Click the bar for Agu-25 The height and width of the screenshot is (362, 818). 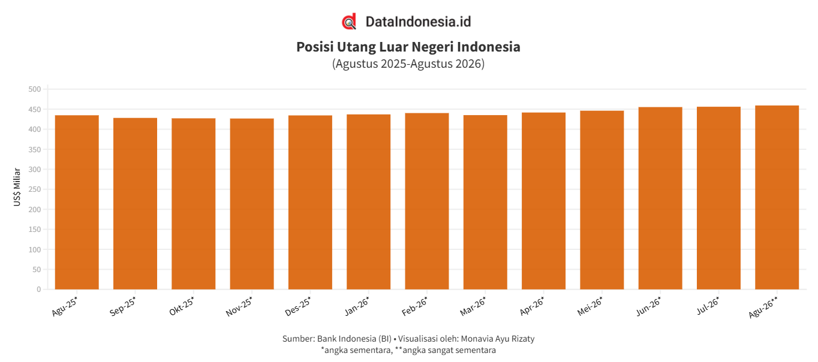pyautogui.click(x=77, y=202)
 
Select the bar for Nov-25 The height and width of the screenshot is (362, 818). pyautogui.click(x=252, y=204)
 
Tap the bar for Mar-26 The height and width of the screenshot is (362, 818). pyautogui.click(x=485, y=202)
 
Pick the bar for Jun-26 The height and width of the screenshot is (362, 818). pyautogui.click(x=660, y=198)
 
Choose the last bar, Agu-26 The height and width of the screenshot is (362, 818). pyautogui.click(x=777, y=197)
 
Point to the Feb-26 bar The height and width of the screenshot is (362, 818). pyautogui.click(x=426, y=201)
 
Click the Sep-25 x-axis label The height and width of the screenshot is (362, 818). pyautogui.click(x=123, y=306)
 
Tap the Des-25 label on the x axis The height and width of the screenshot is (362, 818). pyautogui.click(x=298, y=306)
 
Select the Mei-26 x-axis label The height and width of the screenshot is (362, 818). pyautogui.click(x=590, y=306)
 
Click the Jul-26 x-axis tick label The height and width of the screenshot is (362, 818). pyautogui.click(x=708, y=306)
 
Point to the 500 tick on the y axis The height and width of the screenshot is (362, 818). pyautogui.click(x=35, y=89)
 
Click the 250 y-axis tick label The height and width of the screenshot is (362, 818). pyautogui.click(x=35, y=189)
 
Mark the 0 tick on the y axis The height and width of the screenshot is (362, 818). pyautogui.click(x=39, y=289)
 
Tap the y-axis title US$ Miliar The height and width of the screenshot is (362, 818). pyautogui.click(x=17, y=187)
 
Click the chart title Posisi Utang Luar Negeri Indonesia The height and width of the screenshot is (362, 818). pyautogui.click(x=408, y=47)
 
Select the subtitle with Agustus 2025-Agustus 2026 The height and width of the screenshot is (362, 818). pyautogui.click(x=408, y=64)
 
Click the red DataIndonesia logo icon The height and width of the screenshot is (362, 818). pyautogui.click(x=349, y=22)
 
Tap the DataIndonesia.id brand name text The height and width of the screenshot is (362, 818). pyautogui.click(x=418, y=22)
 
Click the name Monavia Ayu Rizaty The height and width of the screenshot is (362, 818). pyautogui.click(x=497, y=339)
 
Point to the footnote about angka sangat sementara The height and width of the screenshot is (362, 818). pyautogui.click(x=446, y=351)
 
